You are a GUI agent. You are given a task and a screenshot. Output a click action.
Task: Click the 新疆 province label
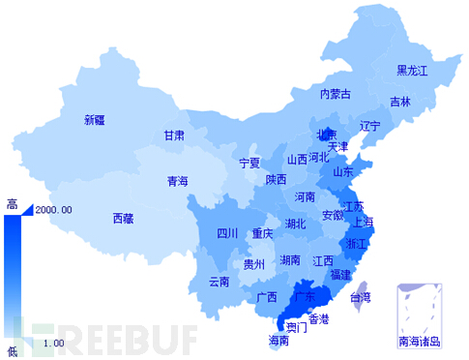(x=96, y=120)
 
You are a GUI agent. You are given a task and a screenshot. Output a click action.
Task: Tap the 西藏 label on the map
(x=124, y=218)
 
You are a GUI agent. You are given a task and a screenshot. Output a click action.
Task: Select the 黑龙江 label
(x=415, y=71)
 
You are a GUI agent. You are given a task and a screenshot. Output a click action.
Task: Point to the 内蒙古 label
(x=336, y=94)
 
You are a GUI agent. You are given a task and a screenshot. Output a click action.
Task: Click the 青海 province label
(x=178, y=181)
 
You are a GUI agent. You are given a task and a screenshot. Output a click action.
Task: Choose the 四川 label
(x=227, y=233)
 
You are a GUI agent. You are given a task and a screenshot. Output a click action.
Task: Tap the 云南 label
(x=220, y=282)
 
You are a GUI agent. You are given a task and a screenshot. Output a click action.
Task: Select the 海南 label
(x=278, y=341)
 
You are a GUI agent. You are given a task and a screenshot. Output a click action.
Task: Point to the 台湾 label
(x=360, y=297)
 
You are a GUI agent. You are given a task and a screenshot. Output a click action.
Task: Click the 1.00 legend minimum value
(x=53, y=343)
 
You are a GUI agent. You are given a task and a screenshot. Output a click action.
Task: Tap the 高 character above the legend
(x=12, y=203)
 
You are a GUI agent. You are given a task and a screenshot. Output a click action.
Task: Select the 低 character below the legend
(x=12, y=350)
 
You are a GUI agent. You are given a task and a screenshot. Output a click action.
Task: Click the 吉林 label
(x=400, y=102)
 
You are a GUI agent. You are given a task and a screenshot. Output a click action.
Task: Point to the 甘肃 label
(x=174, y=135)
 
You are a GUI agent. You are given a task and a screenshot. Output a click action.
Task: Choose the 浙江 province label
(x=356, y=244)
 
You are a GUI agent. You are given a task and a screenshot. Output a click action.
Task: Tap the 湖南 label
(x=290, y=260)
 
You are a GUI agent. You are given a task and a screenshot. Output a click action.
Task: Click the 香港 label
(x=318, y=318)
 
